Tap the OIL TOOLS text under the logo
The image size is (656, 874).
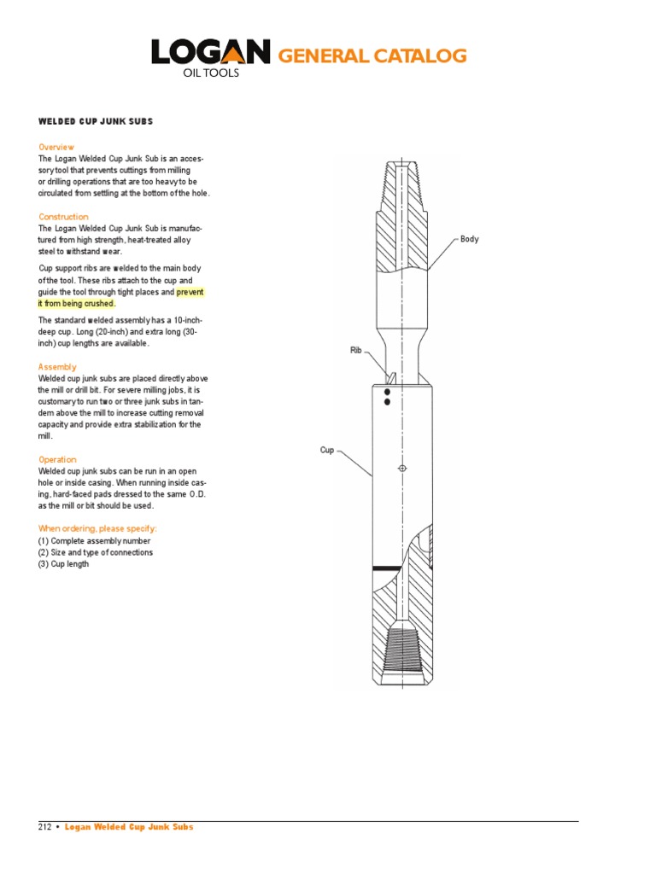tap(212, 73)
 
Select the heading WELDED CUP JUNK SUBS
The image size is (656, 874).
tap(95, 121)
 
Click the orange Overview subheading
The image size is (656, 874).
tap(56, 147)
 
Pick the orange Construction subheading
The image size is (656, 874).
tap(63, 217)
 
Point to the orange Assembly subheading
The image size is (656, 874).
tap(57, 367)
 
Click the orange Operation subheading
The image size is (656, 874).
tap(57, 459)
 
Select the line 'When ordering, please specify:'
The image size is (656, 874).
tap(97, 528)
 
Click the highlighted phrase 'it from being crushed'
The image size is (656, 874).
tap(76, 303)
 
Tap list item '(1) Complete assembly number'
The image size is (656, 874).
tap(94, 540)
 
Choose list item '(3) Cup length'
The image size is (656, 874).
tap(63, 564)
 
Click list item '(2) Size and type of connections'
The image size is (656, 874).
tap(96, 552)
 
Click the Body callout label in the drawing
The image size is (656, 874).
tap(469, 239)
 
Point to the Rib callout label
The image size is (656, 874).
tap(356, 350)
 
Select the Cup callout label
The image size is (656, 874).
tap(327, 450)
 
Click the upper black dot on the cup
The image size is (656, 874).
tap(387, 392)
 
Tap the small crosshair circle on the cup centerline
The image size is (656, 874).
tap(402, 468)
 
